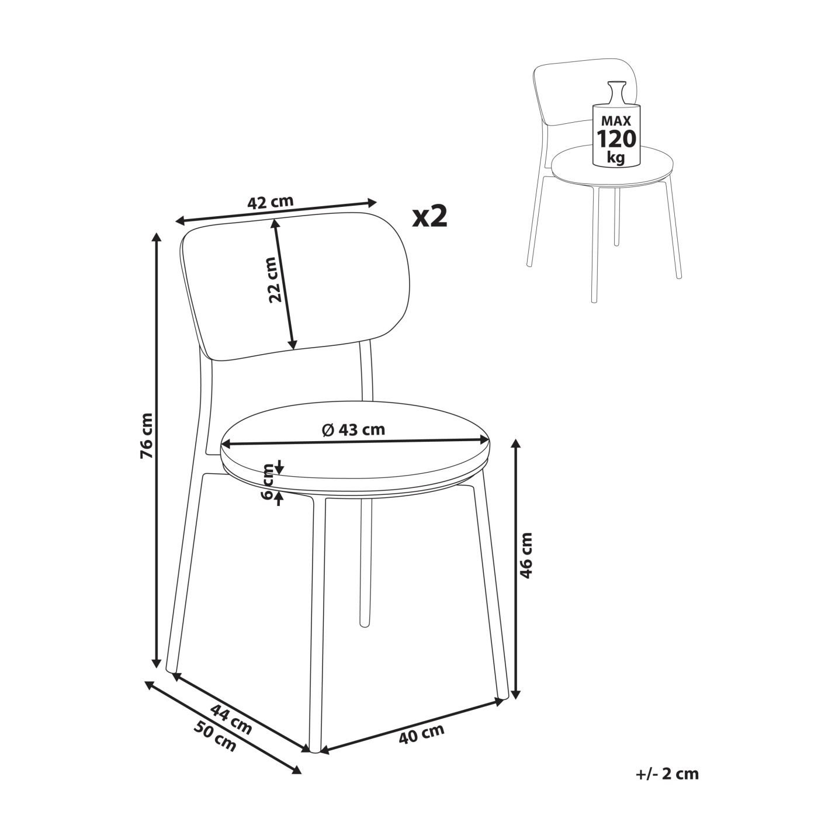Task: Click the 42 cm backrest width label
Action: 271,202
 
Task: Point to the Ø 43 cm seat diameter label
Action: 353,430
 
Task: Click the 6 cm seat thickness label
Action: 268,482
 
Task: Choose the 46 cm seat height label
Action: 526,555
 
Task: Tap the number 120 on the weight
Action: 616,138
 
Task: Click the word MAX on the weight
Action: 616,121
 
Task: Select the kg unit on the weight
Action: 616,158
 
